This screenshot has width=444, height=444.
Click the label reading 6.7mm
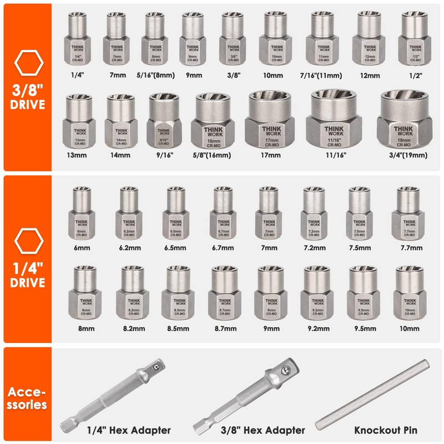pos(223,248)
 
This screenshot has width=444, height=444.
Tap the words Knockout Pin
pos(387,430)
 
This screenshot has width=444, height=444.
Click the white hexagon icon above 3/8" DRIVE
pos(28,64)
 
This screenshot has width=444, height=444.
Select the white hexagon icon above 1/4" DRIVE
pos(28,240)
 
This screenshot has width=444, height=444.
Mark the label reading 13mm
pos(79,157)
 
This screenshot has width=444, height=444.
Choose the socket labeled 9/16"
pos(164,124)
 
